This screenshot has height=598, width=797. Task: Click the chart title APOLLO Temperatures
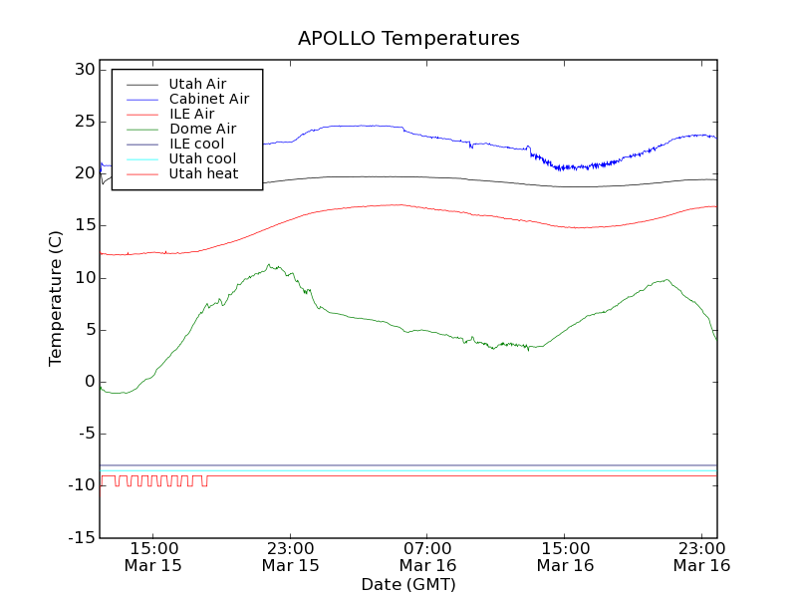[408, 39]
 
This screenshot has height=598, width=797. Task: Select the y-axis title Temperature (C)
[57, 299]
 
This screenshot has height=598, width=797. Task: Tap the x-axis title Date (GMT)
[408, 584]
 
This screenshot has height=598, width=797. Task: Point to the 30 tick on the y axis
[83, 70]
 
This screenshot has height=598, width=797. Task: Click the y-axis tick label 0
[89, 382]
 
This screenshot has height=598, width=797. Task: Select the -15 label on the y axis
[81, 538]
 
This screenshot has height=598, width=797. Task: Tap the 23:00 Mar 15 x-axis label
[290, 556]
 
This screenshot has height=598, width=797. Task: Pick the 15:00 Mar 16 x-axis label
[565, 556]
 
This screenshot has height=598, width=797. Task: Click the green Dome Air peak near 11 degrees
[269, 265]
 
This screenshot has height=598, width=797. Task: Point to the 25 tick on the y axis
[83, 122]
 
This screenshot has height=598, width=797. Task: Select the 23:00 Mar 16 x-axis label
[701, 556]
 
